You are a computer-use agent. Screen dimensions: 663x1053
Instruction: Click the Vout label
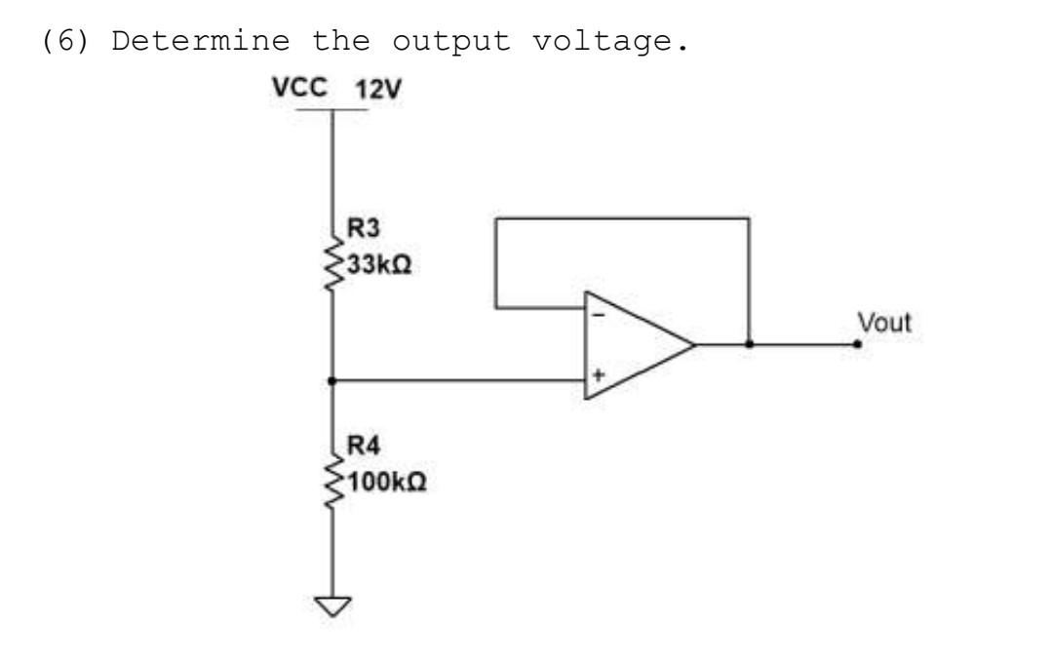pos(883,322)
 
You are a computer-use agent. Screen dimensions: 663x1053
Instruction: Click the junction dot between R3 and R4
pos(332,380)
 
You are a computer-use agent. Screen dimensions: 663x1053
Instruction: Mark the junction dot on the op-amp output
pos(748,344)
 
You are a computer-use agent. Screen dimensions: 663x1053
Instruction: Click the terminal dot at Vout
pos(857,344)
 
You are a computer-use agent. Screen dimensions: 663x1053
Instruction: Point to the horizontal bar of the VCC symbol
pos(332,110)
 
